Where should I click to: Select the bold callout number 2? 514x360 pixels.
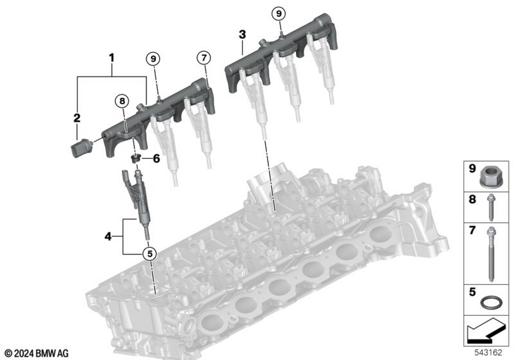77,118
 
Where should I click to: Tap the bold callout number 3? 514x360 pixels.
242,35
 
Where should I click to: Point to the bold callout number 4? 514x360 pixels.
107,237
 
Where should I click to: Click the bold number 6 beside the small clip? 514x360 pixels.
156,159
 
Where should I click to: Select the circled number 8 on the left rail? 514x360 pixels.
122,101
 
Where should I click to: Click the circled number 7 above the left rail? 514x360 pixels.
204,59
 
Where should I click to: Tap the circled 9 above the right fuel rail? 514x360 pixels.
278,13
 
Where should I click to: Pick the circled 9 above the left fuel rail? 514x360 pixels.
152,59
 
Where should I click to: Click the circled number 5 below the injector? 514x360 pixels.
150,253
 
